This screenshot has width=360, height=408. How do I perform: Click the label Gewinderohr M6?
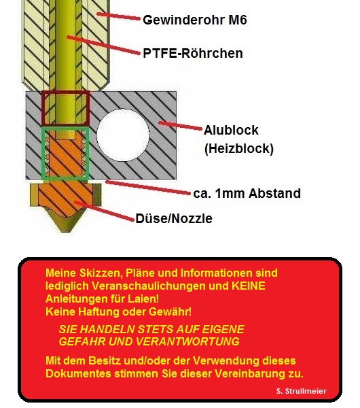pyautogui.click(x=195, y=20)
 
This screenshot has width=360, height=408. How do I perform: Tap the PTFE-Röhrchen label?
pyautogui.click(x=193, y=53)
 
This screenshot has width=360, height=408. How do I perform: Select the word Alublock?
pyautogui.click(x=231, y=130)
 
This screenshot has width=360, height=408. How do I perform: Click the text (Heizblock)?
pyautogui.click(x=239, y=148)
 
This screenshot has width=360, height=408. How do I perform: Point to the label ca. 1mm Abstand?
pyautogui.click(x=247, y=193)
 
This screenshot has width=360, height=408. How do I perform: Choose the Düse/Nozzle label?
pyautogui.click(x=174, y=218)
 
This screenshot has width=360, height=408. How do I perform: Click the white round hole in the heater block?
pyautogui.click(x=123, y=135)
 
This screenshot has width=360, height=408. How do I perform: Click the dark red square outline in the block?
pyautogui.click(x=42, y=108)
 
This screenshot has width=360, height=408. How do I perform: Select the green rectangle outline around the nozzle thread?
pyautogui.click(x=43, y=154)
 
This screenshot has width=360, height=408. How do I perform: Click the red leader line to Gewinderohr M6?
pyautogui.click(x=118, y=16)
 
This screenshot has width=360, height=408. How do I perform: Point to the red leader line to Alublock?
pyautogui.click(x=180, y=125)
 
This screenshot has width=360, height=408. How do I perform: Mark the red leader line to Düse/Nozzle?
pyautogui.click(x=104, y=211)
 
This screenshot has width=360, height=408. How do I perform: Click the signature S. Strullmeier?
pyautogui.click(x=302, y=391)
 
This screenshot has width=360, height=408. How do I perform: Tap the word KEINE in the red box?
pyautogui.click(x=248, y=286)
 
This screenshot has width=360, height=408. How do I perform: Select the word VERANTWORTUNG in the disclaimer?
pyautogui.click(x=187, y=341)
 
